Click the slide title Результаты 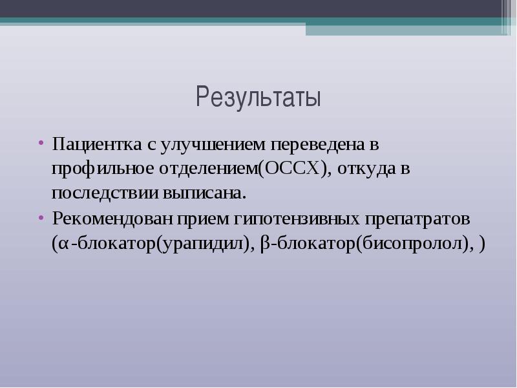[258, 97]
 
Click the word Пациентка [97, 145]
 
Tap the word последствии [105, 193]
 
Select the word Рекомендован [112, 219]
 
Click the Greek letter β [264, 244]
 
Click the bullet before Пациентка [41, 143]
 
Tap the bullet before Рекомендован [41, 218]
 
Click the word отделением [208, 169]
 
